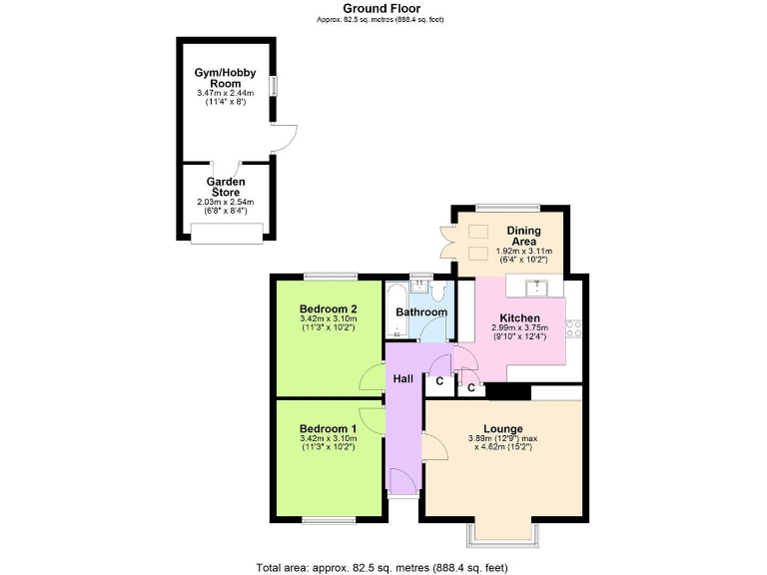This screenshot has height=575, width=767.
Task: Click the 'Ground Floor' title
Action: point(381,8)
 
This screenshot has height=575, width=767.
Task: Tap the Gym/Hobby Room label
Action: point(226,78)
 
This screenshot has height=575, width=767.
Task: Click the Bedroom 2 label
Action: point(329,308)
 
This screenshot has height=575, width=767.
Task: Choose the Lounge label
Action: point(502,429)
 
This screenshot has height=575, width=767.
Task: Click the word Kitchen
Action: point(519,318)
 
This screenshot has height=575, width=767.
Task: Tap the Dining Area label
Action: point(523,236)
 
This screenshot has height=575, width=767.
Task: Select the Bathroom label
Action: point(421,312)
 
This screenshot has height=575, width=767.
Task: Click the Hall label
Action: point(403,379)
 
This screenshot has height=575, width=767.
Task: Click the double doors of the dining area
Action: point(447,243)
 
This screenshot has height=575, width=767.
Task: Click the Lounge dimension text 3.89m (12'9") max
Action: point(502,439)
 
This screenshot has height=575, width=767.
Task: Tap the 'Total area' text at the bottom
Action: point(383,567)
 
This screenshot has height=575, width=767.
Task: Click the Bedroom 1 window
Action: point(329,520)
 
